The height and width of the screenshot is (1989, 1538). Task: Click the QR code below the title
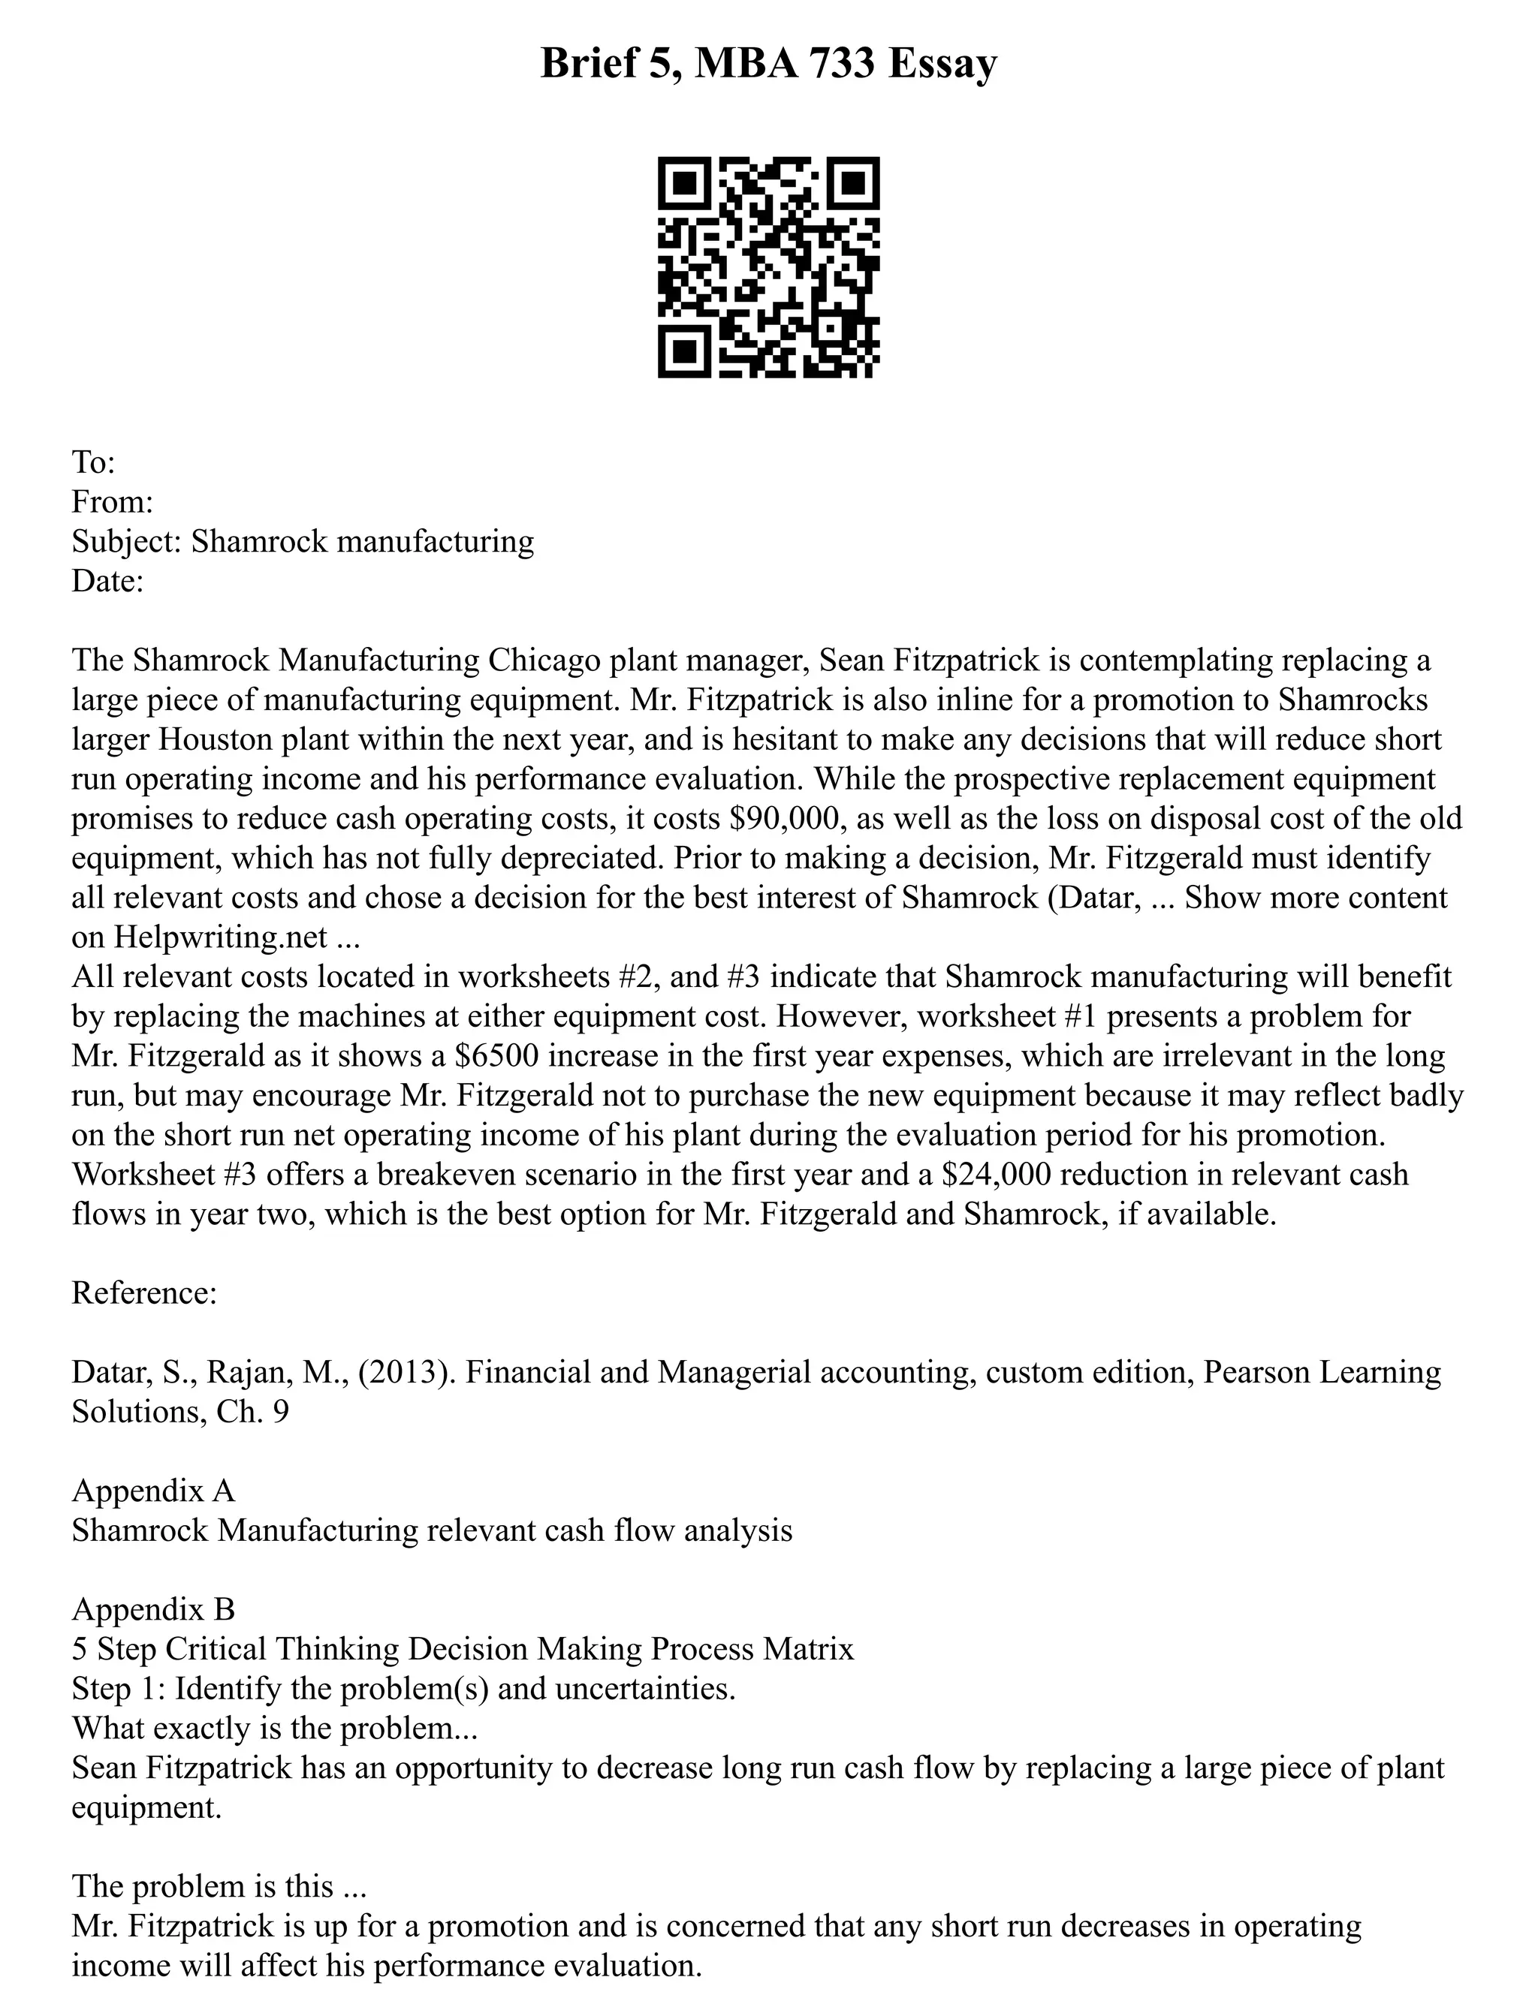[768, 267]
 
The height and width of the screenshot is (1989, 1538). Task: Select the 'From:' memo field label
[112, 502]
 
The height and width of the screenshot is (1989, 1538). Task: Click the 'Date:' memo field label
[107, 581]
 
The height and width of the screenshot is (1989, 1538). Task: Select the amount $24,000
[997, 1174]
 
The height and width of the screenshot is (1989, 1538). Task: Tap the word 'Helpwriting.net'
[219, 937]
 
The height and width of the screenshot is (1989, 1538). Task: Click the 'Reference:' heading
[144, 1293]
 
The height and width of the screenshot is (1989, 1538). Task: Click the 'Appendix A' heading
[153, 1491]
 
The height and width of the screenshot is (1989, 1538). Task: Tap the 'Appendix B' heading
[153, 1609]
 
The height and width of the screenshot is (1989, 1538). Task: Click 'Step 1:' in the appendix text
[119, 1689]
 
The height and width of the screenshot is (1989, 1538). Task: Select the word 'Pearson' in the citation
[1260, 1373]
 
